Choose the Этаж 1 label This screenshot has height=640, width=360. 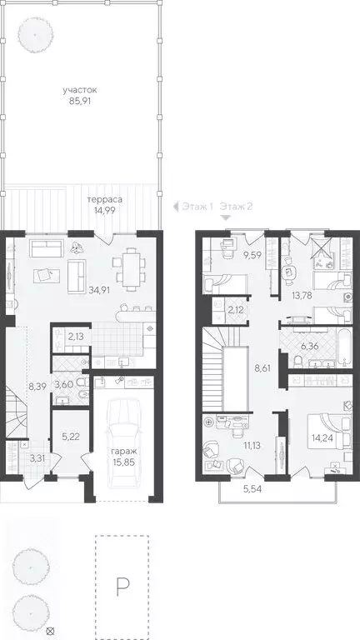[x=197, y=206]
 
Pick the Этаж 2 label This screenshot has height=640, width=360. [x=237, y=206]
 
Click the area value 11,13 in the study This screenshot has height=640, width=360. [x=250, y=446]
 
